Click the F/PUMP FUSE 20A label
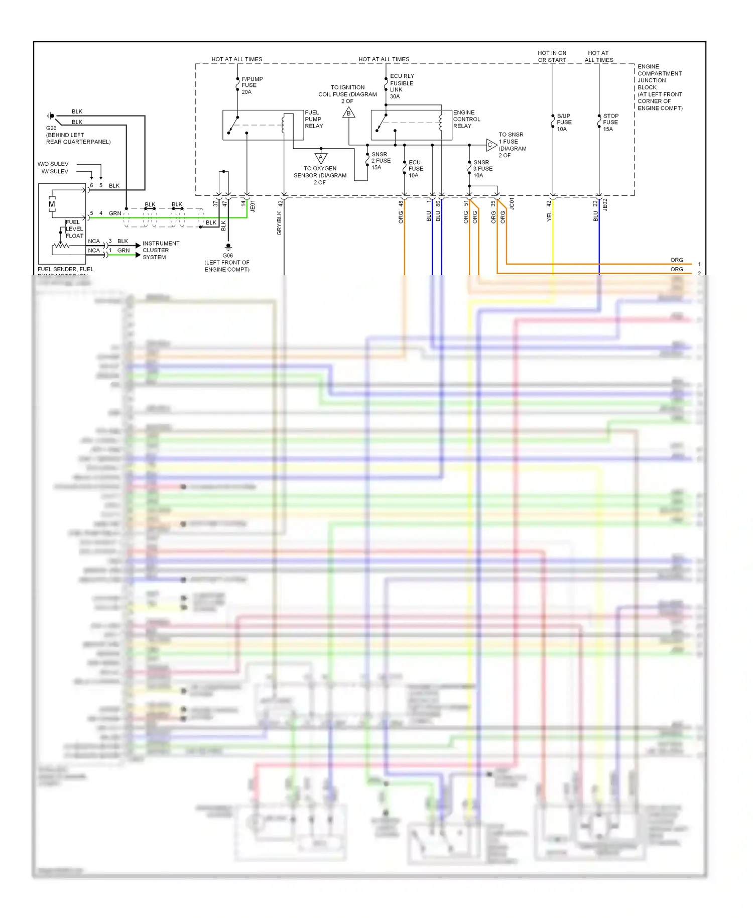[252, 85]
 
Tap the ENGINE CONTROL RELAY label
[466, 120]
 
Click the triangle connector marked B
[349, 113]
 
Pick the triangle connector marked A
[321, 158]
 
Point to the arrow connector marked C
[491, 145]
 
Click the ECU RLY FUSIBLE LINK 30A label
[402, 86]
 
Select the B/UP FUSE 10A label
[564, 123]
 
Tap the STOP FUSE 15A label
[610, 123]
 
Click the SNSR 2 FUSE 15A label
[381, 161]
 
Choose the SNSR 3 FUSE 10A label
[482, 169]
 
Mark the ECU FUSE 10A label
[416, 169]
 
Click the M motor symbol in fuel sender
[52, 204]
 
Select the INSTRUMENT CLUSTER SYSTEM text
[161, 250]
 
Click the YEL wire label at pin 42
[549, 216]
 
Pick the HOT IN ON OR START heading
[552, 56]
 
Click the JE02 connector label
[605, 204]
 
